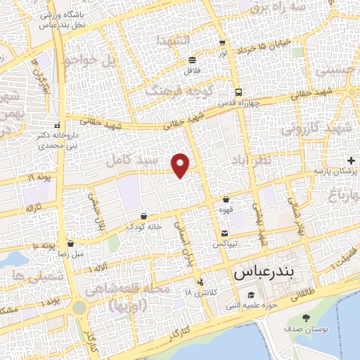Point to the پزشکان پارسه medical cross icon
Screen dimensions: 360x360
(352, 162)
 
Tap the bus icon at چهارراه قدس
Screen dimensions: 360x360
(238, 91)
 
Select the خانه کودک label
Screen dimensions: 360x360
(143, 226)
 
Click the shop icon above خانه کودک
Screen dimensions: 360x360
(144, 216)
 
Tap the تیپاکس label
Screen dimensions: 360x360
(224, 243)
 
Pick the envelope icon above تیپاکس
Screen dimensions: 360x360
(224, 233)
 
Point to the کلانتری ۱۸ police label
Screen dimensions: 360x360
(198, 291)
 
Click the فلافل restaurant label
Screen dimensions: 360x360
(191, 70)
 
